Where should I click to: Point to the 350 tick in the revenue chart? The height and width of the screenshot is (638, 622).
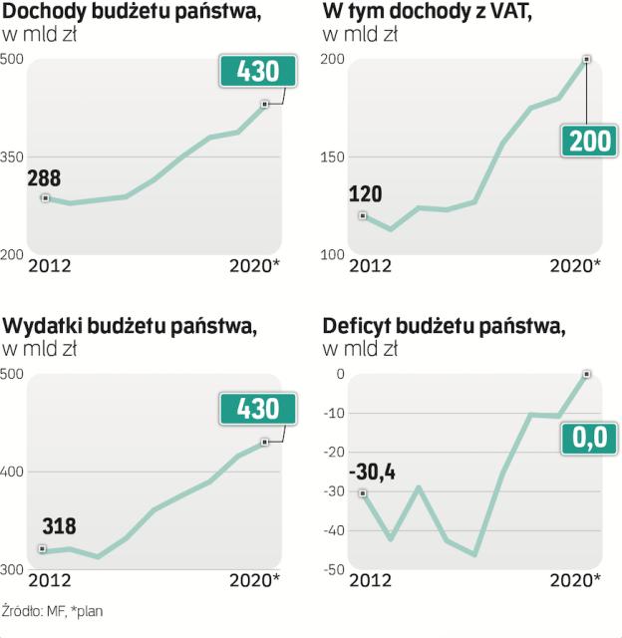(12, 158)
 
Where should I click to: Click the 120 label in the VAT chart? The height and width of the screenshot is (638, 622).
(363, 194)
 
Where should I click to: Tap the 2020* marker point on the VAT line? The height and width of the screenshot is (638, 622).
(587, 60)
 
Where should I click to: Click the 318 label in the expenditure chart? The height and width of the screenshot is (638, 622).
(59, 526)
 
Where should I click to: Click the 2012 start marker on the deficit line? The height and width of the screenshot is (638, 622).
(363, 492)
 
